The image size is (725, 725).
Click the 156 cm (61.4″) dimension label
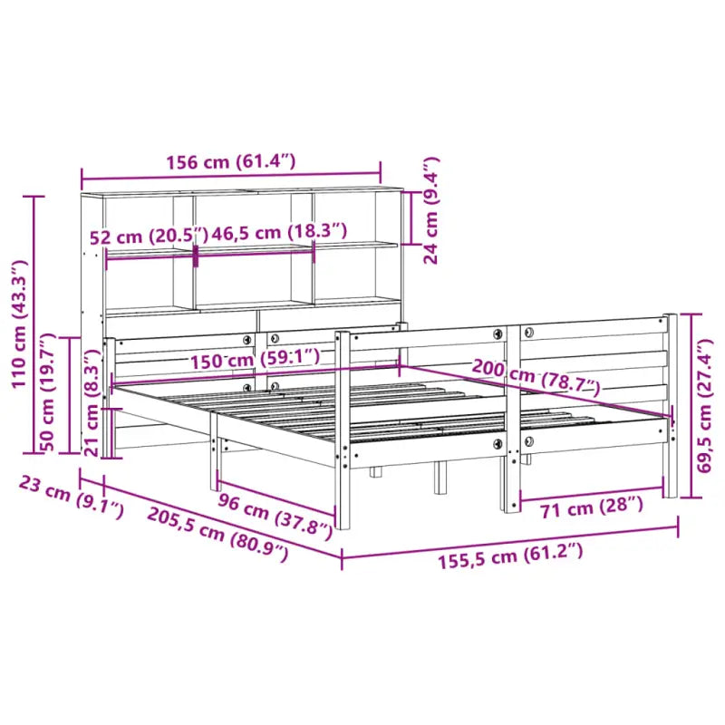point(230,162)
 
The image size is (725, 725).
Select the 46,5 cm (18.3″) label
point(272,232)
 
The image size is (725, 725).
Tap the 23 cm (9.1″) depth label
point(71,497)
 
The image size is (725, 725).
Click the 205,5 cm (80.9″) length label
point(217,534)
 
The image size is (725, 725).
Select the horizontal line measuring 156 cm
point(230,176)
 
